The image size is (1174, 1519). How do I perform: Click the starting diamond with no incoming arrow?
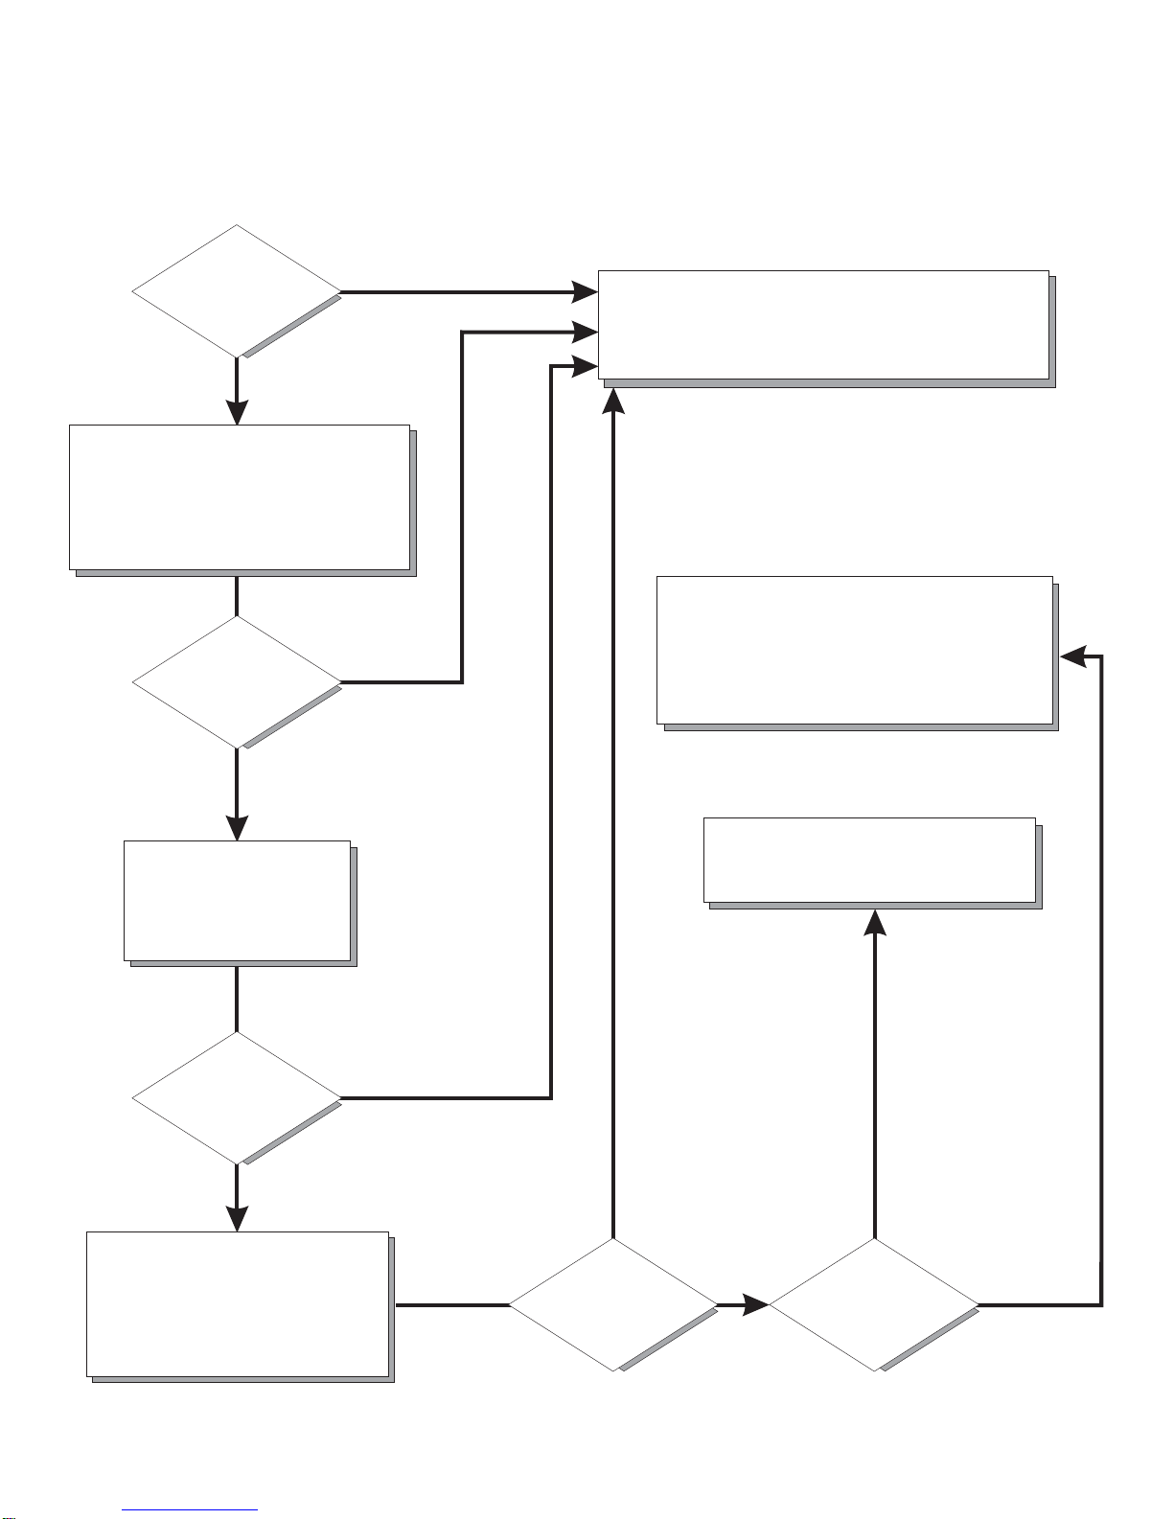(x=236, y=291)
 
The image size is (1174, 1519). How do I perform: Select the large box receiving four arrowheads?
(x=823, y=325)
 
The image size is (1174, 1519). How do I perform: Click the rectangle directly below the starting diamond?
(x=240, y=496)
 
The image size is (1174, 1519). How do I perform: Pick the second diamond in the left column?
(x=236, y=681)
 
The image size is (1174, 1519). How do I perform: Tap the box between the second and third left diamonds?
(x=237, y=900)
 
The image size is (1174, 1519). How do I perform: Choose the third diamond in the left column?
(x=236, y=1097)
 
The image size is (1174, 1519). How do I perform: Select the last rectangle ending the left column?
(x=238, y=1303)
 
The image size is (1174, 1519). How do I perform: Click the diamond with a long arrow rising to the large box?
(x=612, y=1304)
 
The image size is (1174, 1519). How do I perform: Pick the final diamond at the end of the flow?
(x=874, y=1304)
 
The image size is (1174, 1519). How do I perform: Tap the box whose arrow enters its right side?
(x=855, y=650)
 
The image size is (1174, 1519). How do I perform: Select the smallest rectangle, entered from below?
(x=869, y=860)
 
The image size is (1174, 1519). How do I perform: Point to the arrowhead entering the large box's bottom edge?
(x=612, y=397)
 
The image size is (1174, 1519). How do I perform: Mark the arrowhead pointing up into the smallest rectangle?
(x=875, y=920)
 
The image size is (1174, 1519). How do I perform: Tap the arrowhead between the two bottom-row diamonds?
(x=756, y=1304)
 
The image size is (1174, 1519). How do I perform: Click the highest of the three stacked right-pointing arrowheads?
(x=586, y=291)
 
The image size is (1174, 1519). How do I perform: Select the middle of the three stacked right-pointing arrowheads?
(x=586, y=333)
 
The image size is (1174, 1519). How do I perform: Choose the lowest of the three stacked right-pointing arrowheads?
(x=586, y=366)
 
